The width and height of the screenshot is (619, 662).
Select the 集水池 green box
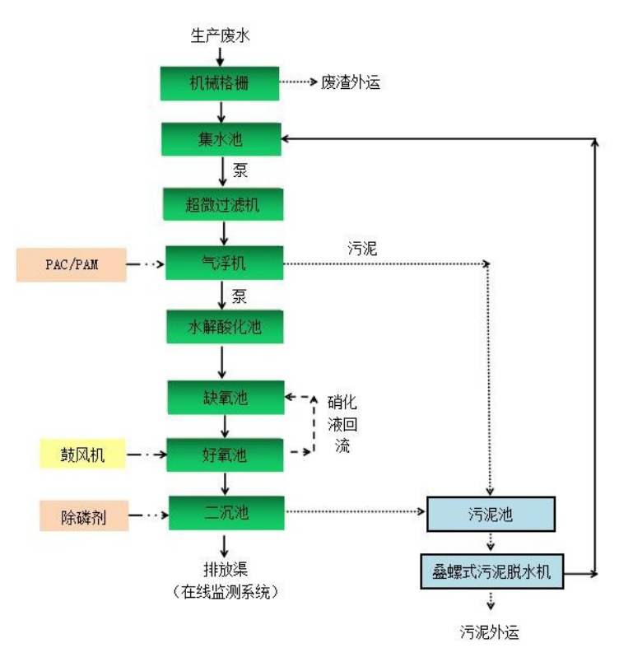222,138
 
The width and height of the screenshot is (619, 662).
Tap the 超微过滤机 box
222,203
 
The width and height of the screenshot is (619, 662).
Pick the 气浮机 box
224,263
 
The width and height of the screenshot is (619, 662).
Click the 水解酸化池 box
224,327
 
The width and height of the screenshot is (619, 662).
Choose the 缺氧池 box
224,397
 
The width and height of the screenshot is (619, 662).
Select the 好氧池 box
224,453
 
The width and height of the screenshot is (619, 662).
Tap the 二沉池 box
224,512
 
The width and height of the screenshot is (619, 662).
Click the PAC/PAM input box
72,264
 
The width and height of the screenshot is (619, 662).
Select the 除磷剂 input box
83,516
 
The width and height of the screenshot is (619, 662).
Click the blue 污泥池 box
491,515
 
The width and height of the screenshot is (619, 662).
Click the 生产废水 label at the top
219,35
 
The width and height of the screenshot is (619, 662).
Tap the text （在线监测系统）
222,590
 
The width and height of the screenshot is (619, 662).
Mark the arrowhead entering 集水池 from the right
289,138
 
